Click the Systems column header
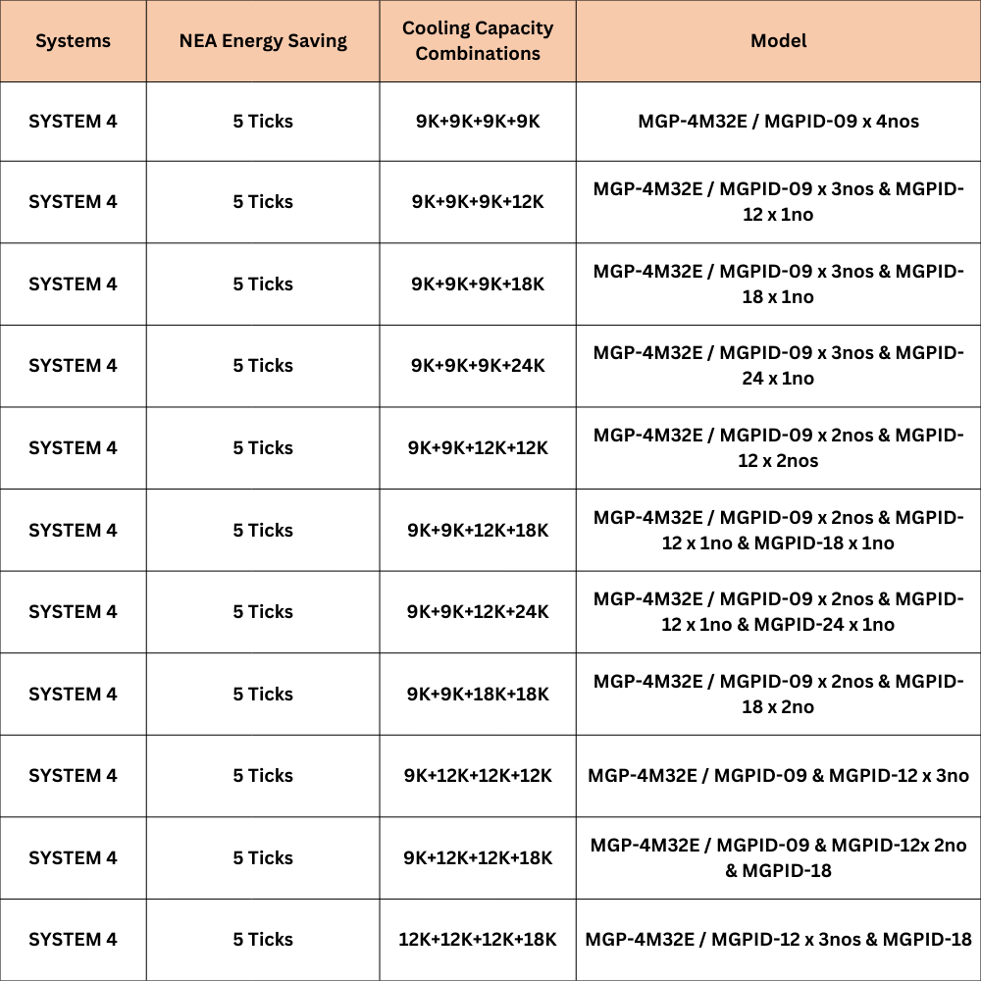coord(73,41)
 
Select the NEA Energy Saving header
coord(263,41)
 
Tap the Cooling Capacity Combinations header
coord(478,41)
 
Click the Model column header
coord(778,41)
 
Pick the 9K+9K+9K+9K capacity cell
coord(478,122)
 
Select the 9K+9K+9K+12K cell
coord(478,202)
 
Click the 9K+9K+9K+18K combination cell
coord(478,284)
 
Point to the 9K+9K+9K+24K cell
coord(478,366)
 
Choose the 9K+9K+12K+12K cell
coord(478,448)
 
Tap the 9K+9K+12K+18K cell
coord(478,531)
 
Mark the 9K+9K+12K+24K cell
coord(478,612)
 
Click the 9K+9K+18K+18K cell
coord(478,695)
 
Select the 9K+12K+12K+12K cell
coord(478,776)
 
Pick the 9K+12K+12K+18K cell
coord(478,858)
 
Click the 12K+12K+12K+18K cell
coord(478,940)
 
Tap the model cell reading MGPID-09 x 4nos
coord(778,122)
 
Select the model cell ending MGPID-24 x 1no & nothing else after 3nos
coord(778,366)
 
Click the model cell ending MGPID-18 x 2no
coord(778,695)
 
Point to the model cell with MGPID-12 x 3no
coord(778,776)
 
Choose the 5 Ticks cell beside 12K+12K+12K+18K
coord(263,940)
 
